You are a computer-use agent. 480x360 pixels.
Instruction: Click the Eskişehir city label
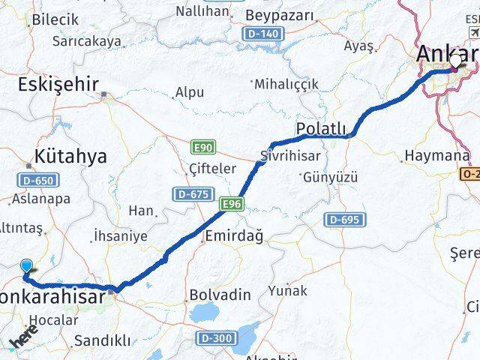pos(59,84)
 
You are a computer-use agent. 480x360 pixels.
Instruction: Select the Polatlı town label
pos(322,129)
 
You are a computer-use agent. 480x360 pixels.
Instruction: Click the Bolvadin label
pos(220,295)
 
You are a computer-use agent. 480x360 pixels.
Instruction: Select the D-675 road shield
pos(191,194)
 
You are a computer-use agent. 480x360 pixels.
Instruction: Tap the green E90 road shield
pos(203,147)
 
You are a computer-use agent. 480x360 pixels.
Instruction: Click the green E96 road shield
pos(230,203)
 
